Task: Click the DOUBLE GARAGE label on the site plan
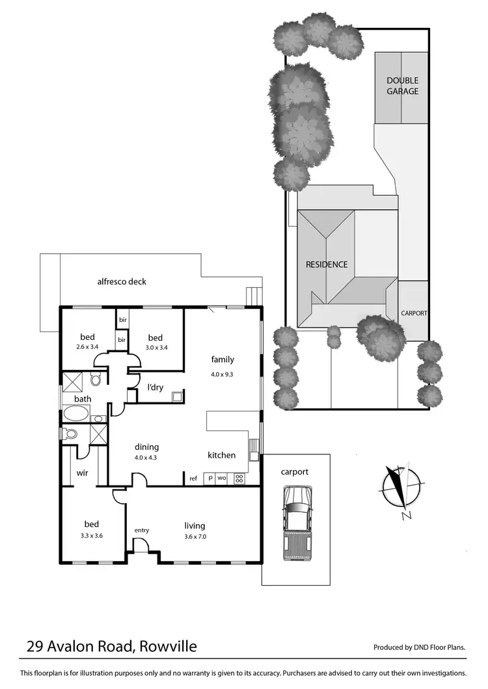(x=402, y=86)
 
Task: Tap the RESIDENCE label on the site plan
(x=327, y=265)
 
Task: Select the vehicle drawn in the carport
(x=296, y=523)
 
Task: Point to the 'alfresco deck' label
(x=122, y=281)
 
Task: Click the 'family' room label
(x=223, y=359)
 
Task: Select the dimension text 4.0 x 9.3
(x=223, y=374)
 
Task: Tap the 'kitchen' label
(x=221, y=455)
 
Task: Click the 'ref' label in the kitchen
(x=193, y=479)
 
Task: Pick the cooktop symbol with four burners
(x=239, y=478)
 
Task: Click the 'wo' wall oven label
(x=223, y=478)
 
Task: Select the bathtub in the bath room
(x=77, y=414)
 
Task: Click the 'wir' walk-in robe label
(x=83, y=473)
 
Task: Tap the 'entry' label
(x=141, y=530)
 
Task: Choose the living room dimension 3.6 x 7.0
(x=195, y=537)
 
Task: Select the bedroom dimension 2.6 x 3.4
(x=87, y=348)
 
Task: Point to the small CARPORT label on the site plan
(x=414, y=313)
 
